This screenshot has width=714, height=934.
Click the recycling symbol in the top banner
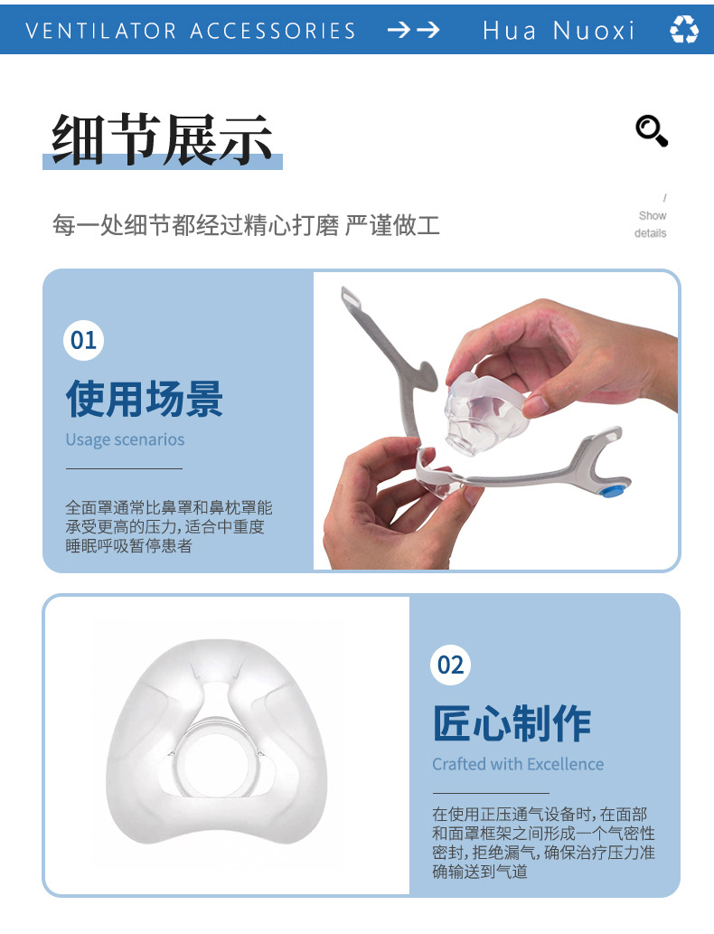click(683, 30)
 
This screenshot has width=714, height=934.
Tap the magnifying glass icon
click(651, 130)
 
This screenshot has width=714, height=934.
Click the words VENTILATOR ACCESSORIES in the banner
click(191, 31)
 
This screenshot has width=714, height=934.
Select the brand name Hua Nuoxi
click(559, 31)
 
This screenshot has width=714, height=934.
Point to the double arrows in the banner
click(413, 30)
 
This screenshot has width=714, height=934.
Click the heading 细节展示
click(163, 140)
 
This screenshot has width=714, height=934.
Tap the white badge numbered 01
click(84, 340)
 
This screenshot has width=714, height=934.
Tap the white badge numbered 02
click(450, 665)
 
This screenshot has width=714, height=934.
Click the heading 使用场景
click(145, 398)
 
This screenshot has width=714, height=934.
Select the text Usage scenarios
click(125, 440)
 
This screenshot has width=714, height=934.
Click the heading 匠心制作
click(512, 722)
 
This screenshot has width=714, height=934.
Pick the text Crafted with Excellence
click(518, 765)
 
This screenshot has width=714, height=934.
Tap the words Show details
click(651, 224)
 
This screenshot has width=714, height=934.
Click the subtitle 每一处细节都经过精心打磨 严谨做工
click(246, 225)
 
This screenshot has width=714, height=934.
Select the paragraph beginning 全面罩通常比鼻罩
click(168, 526)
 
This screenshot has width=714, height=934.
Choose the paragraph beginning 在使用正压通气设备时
click(542, 843)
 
